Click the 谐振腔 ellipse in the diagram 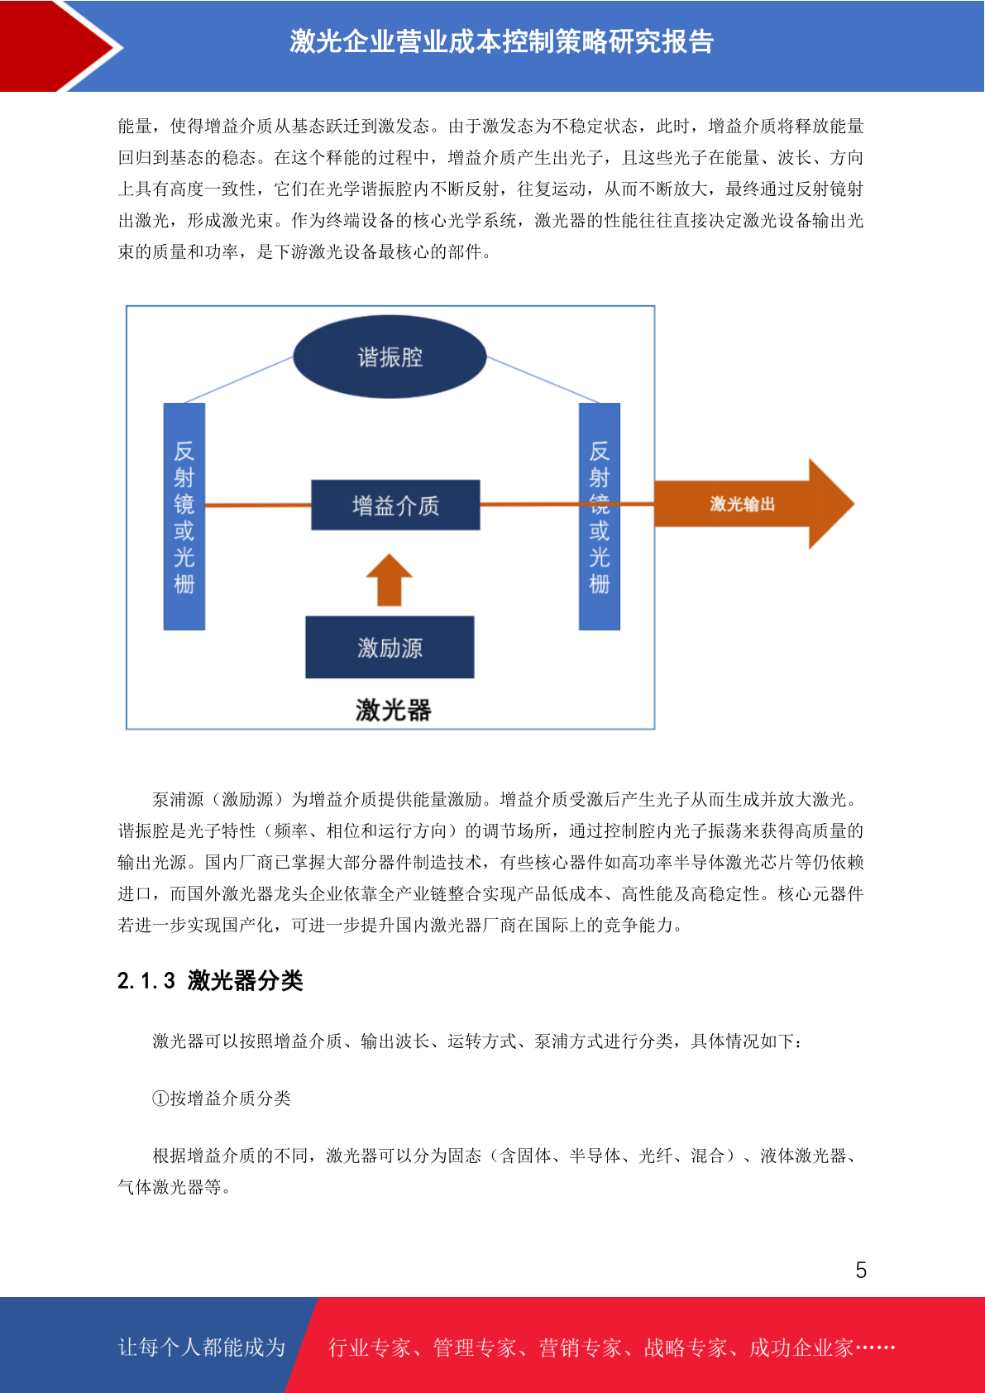point(390,357)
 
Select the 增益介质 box point(395,505)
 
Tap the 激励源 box point(390,647)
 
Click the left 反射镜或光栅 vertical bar point(184,516)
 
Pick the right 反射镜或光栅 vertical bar point(600,516)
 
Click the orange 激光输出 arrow point(753,504)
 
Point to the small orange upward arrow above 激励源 point(390,580)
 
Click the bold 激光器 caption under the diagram point(393,710)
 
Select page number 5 point(861,1269)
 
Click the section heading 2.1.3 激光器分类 point(210,981)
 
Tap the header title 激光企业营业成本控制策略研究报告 point(501,41)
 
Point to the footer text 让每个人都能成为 point(202,1347)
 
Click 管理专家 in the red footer point(475,1348)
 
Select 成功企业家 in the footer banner point(801,1348)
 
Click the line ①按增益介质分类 point(222,1099)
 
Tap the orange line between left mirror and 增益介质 point(258,505)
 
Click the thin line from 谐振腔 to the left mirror point(239,380)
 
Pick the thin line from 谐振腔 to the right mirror point(543,380)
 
